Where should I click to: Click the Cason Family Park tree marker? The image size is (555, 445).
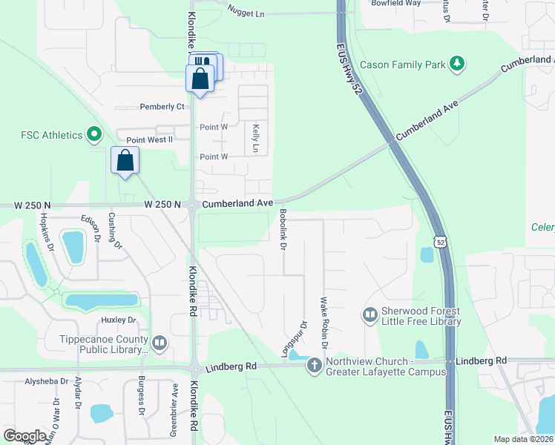[459, 64]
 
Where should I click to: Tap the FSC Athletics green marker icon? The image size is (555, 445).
[93, 135]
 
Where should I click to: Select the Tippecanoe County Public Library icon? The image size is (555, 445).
[160, 343]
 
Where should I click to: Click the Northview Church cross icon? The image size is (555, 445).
[314, 365]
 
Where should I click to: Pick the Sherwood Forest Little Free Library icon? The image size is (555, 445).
[370, 315]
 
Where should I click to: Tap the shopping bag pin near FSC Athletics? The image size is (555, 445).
[125, 160]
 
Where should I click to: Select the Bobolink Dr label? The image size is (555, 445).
[283, 229]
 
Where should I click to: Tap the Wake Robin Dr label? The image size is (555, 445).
[324, 323]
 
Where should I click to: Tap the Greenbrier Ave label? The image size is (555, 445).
[175, 400]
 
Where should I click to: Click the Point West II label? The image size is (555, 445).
[149, 139]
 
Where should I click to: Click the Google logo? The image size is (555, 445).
[24, 436]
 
